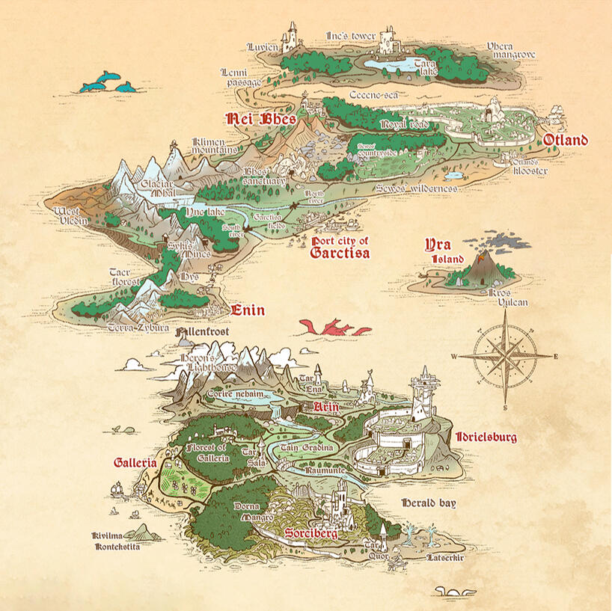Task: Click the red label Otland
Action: pyautogui.click(x=565, y=141)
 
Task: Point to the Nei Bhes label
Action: pyautogui.click(x=261, y=119)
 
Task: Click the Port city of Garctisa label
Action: pyautogui.click(x=340, y=247)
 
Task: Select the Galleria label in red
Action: pyautogui.click(x=135, y=463)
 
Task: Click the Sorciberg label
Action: pyautogui.click(x=311, y=534)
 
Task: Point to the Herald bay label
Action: pyautogui.click(x=428, y=503)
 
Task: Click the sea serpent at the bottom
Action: pyautogui.click(x=453, y=593)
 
